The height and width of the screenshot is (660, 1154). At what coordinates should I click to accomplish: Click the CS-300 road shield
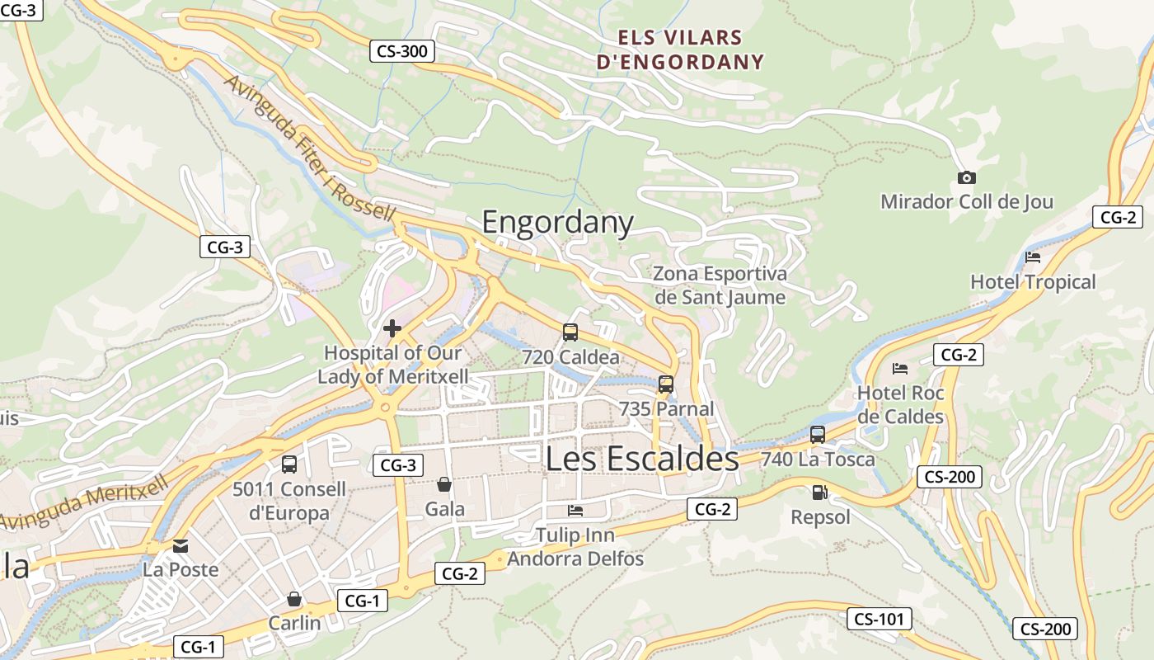tap(401, 51)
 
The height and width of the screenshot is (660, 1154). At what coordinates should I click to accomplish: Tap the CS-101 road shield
tap(879, 619)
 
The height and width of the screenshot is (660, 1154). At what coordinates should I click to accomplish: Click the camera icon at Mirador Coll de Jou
tap(967, 177)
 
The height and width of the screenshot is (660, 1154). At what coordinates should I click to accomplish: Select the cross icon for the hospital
tap(392, 328)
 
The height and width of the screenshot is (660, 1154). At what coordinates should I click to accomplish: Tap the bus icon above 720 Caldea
tap(570, 332)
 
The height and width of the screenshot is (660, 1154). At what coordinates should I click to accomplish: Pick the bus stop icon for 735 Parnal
tap(666, 384)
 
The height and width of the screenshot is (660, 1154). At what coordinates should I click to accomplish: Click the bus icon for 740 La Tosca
tap(818, 435)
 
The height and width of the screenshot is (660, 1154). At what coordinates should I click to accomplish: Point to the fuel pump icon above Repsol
tap(819, 493)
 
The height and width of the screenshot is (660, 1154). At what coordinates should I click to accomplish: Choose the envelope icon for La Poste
tap(181, 546)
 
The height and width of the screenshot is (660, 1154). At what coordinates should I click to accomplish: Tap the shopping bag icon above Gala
tap(444, 484)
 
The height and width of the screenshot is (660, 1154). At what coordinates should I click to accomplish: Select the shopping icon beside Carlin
tap(294, 599)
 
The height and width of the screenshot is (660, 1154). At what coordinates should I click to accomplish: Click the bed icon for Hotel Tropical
tap(1033, 257)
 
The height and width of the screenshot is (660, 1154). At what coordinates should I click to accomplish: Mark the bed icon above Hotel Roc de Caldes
tap(900, 368)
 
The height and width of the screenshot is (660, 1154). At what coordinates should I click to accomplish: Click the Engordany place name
tap(557, 223)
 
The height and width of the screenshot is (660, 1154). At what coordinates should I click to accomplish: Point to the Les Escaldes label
tap(642, 460)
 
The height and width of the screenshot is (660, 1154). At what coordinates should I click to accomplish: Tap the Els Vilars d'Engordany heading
tap(681, 49)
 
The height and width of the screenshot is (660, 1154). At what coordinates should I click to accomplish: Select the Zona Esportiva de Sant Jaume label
tap(720, 285)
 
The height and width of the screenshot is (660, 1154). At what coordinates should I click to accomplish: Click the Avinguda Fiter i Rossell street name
tap(309, 148)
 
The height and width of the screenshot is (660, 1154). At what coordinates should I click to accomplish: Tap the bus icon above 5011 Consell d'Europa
tap(289, 464)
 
